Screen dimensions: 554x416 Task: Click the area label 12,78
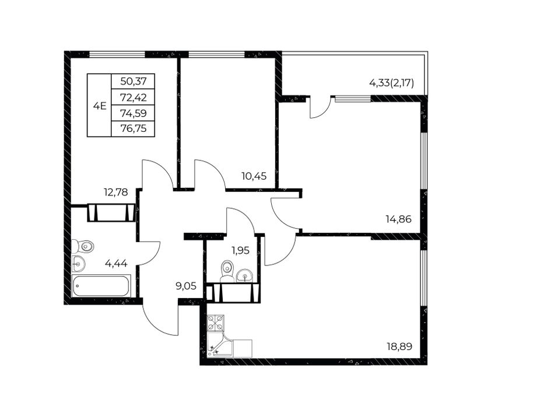(x=116, y=193)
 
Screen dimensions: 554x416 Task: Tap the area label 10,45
(x=254, y=176)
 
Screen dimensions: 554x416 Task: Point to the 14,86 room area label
(x=398, y=219)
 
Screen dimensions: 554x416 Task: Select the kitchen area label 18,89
(x=399, y=347)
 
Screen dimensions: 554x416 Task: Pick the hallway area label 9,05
(x=186, y=285)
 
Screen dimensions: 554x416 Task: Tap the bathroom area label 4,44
(x=116, y=263)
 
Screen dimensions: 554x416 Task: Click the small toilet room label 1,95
(x=241, y=250)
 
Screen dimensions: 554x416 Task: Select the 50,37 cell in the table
(x=133, y=82)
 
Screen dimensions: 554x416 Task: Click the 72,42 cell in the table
(x=133, y=97)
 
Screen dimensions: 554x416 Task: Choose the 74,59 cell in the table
(x=133, y=113)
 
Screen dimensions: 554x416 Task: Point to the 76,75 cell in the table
(x=133, y=129)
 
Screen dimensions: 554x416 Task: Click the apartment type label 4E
(x=100, y=106)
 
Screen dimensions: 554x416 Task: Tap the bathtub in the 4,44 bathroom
(x=101, y=286)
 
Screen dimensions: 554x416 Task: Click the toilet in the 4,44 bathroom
(x=83, y=246)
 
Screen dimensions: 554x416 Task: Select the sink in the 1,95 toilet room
(x=244, y=275)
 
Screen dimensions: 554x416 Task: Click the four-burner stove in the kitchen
(x=216, y=323)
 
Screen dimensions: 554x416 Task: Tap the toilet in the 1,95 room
(x=227, y=271)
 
